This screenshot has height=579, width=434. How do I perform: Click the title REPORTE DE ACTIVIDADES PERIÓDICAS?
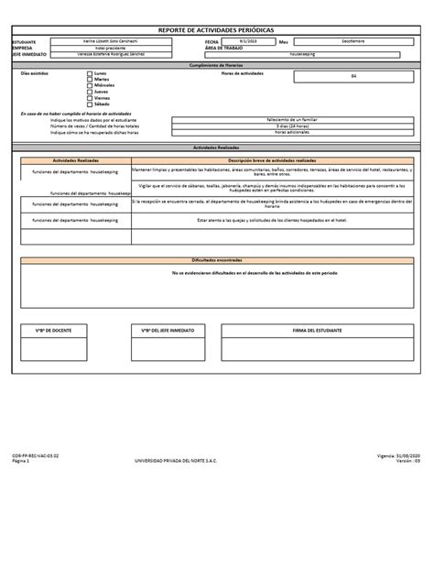(x=216, y=30)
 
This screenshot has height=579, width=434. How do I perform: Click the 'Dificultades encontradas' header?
(x=216, y=260)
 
